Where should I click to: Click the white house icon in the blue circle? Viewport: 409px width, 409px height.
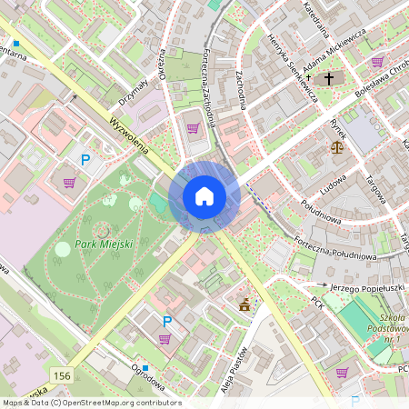coord(204,196)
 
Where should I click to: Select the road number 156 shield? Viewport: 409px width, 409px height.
coord(62,375)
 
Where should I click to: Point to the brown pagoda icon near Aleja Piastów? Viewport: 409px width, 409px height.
coord(244,305)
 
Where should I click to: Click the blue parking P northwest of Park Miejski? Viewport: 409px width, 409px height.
coord(86,160)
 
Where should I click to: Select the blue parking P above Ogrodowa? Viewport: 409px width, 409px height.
coord(166,321)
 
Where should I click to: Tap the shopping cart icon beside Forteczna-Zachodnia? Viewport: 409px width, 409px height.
coord(193,128)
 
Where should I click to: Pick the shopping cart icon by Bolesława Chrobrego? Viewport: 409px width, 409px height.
coord(377,62)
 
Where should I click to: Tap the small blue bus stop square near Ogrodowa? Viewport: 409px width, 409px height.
coord(134,367)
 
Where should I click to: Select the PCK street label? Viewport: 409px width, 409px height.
coord(317,301)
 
